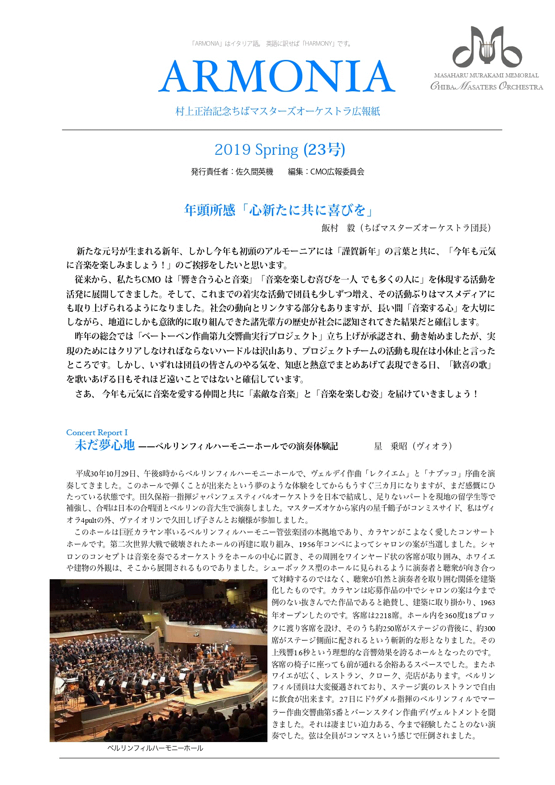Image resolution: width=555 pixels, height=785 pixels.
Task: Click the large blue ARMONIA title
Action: coord(277,76)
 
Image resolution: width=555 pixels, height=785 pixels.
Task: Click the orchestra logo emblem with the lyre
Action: coord(487,47)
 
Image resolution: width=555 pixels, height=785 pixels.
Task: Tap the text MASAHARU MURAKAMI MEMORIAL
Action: coord(486,76)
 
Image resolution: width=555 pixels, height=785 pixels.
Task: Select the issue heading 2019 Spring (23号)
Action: coord(280,149)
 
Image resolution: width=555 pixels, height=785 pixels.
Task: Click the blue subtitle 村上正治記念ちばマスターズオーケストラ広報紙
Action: coord(278,111)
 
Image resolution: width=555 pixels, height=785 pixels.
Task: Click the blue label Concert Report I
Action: coord(97,433)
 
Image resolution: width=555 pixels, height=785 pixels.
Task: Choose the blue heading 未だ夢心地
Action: coord(105,445)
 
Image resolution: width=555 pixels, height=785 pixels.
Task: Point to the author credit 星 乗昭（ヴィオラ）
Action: coord(413,446)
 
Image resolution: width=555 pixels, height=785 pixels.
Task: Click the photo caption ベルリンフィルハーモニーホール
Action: coord(155,748)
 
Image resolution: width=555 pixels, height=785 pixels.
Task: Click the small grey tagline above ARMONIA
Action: coord(271,44)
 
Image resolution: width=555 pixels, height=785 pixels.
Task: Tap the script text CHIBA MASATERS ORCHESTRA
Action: coord(487,86)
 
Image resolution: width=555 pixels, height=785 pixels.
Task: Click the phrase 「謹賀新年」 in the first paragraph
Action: coord(359,251)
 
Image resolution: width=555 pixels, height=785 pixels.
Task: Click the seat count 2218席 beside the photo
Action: coord(382,615)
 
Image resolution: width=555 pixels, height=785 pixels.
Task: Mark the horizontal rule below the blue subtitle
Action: coord(282,130)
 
